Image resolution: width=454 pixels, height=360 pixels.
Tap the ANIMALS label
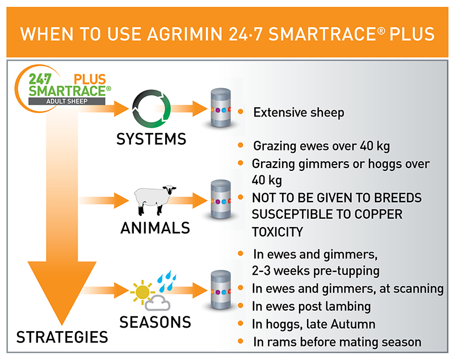pyautogui.click(x=155, y=228)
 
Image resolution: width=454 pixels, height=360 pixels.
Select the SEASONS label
pyautogui.click(x=155, y=322)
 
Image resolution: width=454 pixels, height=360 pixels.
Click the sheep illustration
pyautogui.click(x=154, y=199)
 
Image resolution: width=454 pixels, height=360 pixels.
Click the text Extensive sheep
pyautogui.click(x=299, y=112)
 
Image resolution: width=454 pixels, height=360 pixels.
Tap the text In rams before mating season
pyautogui.click(x=337, y=342)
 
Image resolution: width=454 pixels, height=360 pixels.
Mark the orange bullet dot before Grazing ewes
pyautogui.click(x=242, y=146)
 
